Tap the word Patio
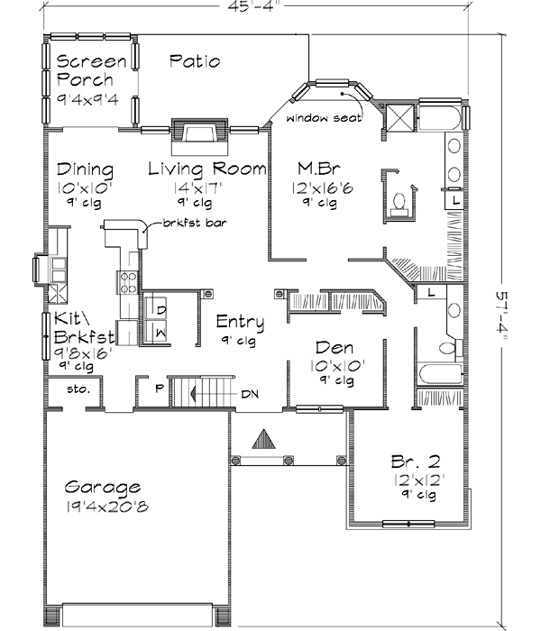[195, 61]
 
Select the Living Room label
[206, 169]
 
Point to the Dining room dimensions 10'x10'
[83, 189]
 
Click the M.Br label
[317, 169]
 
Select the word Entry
[240, 322]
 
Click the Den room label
[333, 348]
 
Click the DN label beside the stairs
[249, 394]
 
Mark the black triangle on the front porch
[263, 440]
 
